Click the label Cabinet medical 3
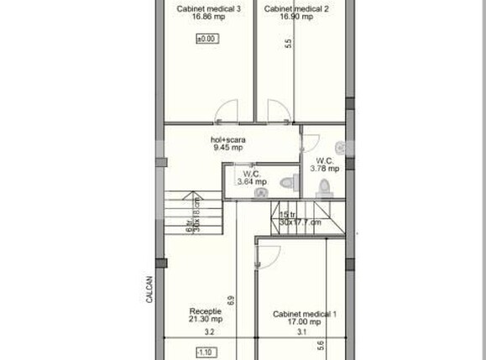208,9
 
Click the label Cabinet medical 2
295,9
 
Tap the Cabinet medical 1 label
304,315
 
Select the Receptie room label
206,310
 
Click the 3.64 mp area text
252,181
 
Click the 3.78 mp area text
326,168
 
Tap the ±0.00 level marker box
206,39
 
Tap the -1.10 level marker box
206,352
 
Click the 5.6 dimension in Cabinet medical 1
320,345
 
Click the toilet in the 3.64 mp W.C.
287,182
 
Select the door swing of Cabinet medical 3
225,110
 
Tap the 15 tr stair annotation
288,215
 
